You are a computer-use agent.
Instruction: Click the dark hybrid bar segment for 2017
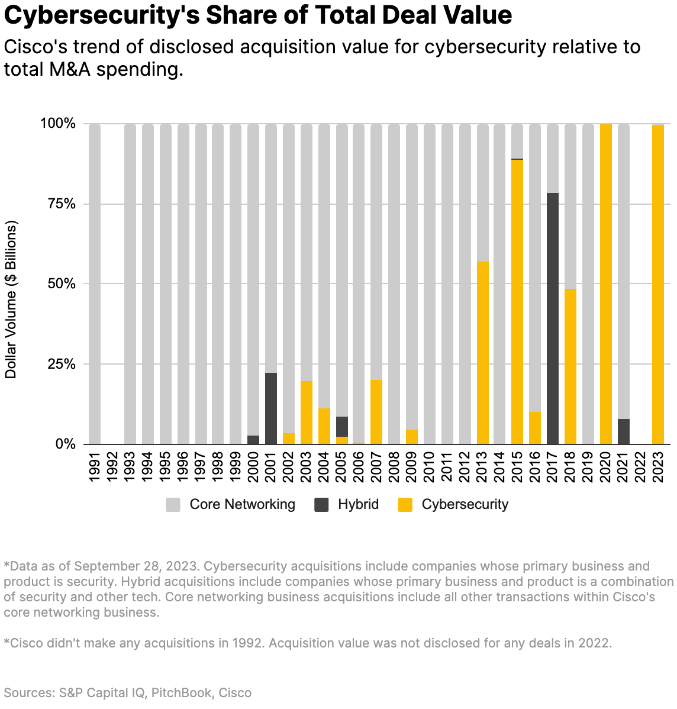pos(553,318)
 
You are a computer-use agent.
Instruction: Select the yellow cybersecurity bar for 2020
pos(605,284)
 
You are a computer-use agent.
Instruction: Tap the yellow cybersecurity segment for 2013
pos(482,353)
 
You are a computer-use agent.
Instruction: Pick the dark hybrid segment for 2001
pos(271,408)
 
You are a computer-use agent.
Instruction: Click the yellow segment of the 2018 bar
pos(570,366)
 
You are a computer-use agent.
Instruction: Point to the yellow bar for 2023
pos(658,284)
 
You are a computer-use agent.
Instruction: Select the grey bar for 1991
pos(95,284)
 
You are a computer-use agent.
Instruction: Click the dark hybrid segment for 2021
pos(623,431)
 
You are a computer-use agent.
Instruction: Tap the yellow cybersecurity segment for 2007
pos(376,412)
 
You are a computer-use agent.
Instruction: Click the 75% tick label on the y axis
pos(57,204)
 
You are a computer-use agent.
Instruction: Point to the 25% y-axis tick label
pos(57,364)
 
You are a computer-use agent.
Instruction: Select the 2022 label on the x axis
pos(641,467)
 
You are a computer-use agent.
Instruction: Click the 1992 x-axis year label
pos(112,467)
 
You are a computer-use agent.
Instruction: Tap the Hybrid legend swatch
pos(322,505)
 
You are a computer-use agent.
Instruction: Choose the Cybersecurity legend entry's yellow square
pos(405,505)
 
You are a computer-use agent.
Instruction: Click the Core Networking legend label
pos(242,504)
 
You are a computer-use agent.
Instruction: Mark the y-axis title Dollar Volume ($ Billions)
pos(11,299)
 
